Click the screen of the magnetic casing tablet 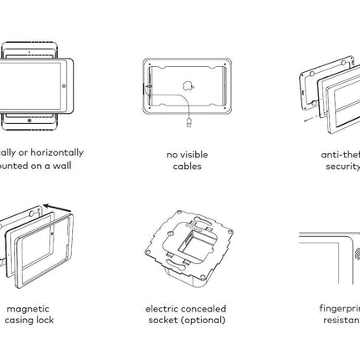pyautogui.click(x=39, y=252)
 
